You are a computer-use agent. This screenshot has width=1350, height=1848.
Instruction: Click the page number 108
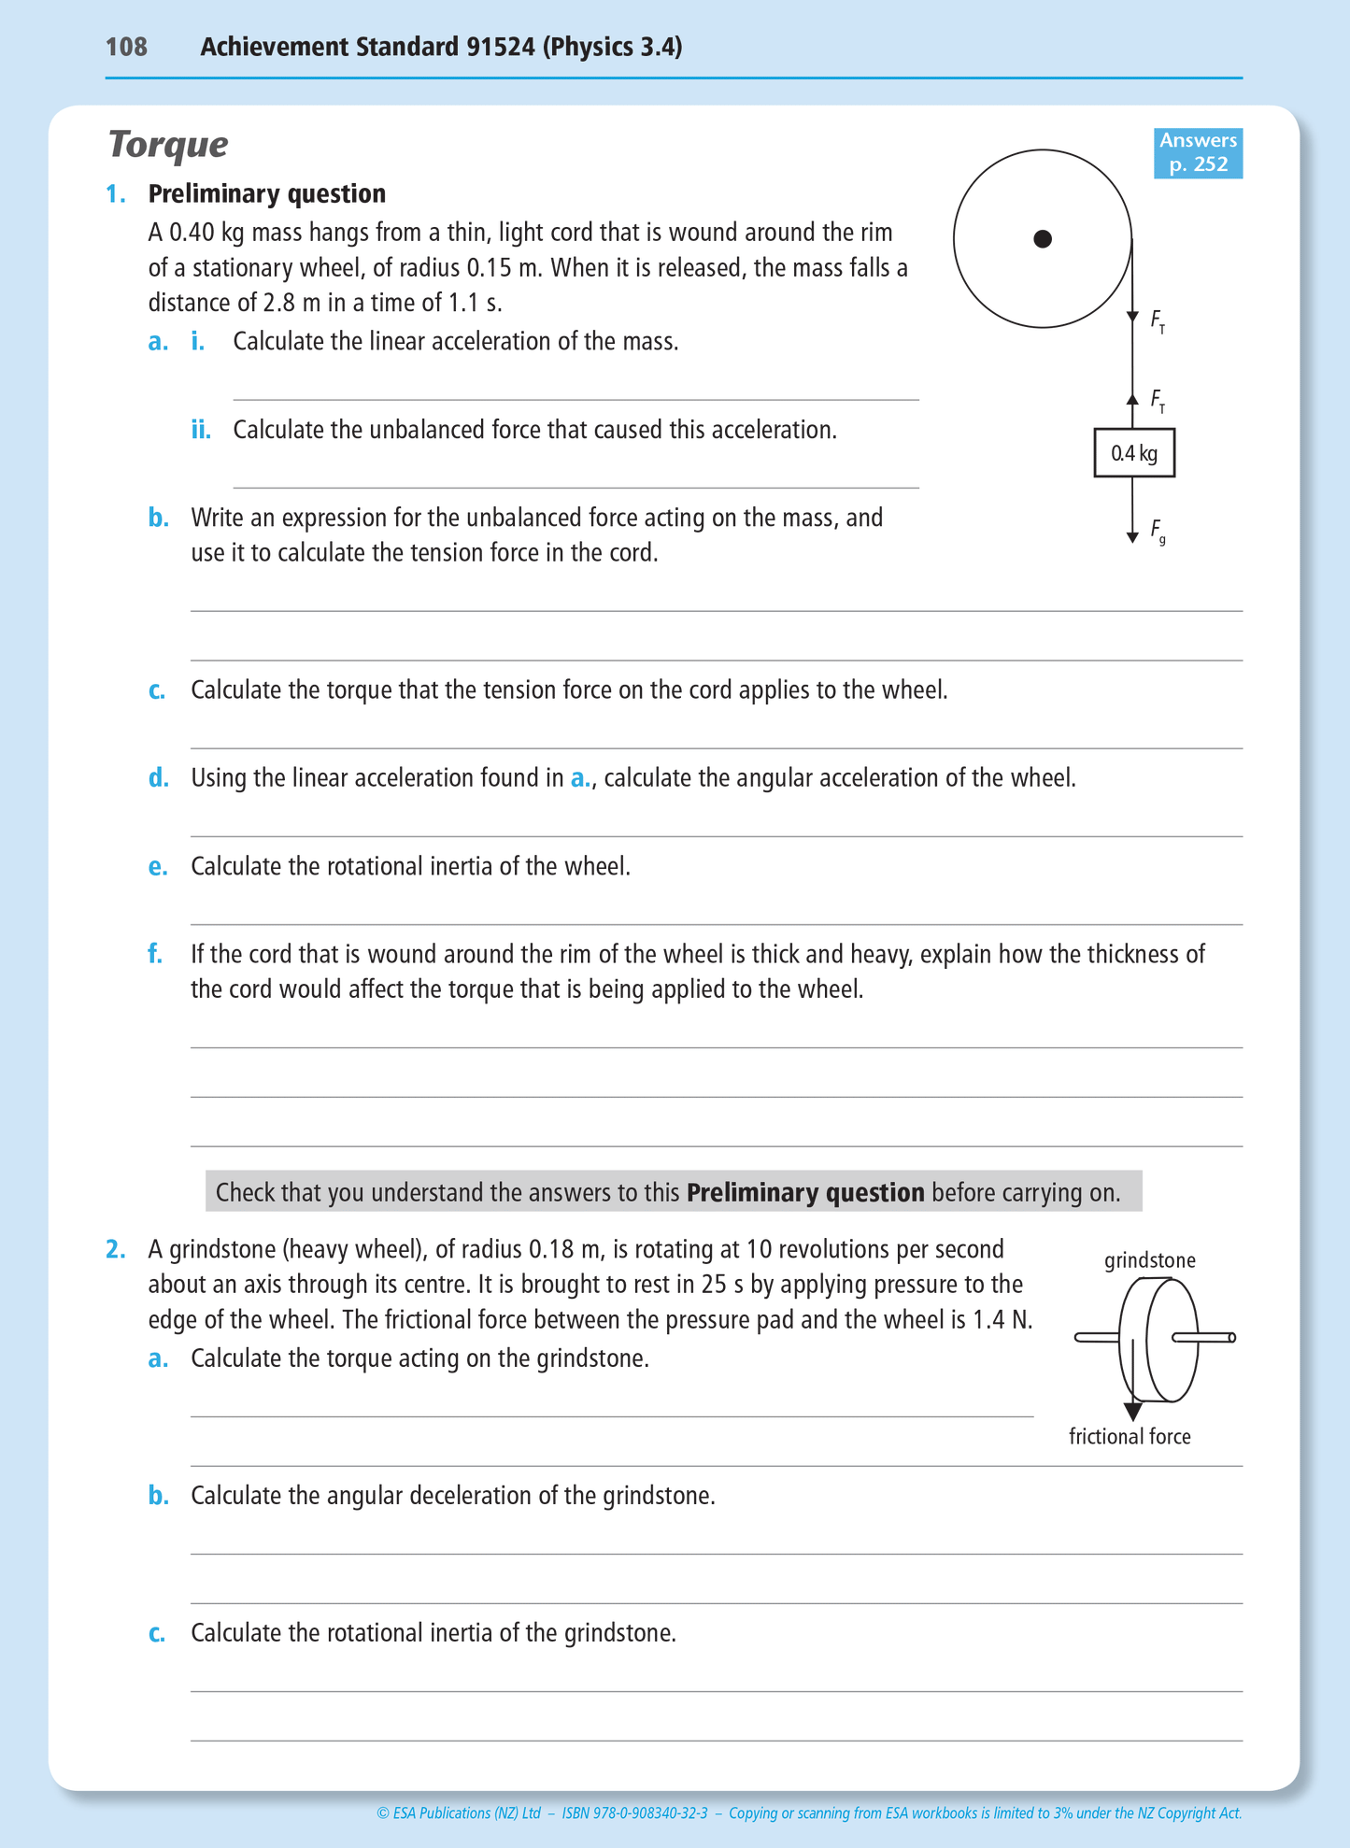(x=126, y=47)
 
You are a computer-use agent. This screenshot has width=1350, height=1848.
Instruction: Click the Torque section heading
(x=168, y=145)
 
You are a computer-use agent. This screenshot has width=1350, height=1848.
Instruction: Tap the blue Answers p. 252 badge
(x=1198, y=153)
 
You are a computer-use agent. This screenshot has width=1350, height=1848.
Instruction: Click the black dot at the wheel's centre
(x=1043, y=239)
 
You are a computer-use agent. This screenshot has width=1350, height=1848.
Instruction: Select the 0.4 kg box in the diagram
(x=1134, y=454)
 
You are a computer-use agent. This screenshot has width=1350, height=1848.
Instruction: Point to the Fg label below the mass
(x=1158, y=530)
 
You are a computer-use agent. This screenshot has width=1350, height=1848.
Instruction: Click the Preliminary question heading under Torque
(x=266, y=193)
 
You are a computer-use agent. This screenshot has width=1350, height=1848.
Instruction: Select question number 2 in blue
(x=115, y=1249)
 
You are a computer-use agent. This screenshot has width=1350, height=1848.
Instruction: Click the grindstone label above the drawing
(x=1149, y=1260)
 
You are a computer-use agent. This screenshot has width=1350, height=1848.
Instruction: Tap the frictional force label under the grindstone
(x=1130, y=1437)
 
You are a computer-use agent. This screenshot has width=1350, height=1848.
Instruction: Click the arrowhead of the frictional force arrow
(x=1132, y=1412)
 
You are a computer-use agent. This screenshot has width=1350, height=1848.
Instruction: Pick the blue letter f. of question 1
(x=155, y=954)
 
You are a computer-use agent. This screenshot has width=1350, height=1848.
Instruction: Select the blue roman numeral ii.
(x=201, y=430)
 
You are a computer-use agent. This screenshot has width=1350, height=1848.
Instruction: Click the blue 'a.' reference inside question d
(x=580, y=778)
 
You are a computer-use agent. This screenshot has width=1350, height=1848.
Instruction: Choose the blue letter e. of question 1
(x=158, y=867)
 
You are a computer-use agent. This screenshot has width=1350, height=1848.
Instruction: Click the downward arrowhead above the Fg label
(x=1132, y=536)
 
